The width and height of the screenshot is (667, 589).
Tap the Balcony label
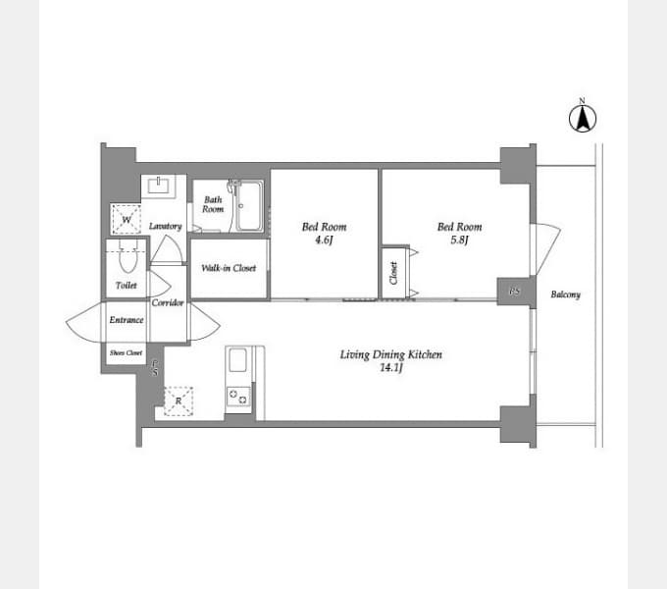pyautogui.click(x=565, y=294)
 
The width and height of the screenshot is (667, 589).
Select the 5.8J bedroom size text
pyautogui.click(x=459, y=241)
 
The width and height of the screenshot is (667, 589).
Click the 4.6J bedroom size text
pyautogui.click(x=324, y=241)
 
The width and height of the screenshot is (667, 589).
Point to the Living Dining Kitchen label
pyautogui.click(x=391, y=354)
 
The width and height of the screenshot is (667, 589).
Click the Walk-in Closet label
pyautogui.click(x=229, y=268)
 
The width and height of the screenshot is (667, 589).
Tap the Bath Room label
pyautogui.click(x=213, y=204)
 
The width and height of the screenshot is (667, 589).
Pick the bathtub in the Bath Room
pyautogui.click(x=249, y=206)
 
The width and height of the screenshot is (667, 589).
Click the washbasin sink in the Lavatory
pyautogui.click(x=158, y=186)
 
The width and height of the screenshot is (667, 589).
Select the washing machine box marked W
pyautogui.click(x=126, y=219)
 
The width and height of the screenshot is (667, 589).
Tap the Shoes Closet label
pyautogui.click(x=126, y=352)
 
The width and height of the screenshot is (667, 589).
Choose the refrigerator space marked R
pyautogui.click(x=179, y=401)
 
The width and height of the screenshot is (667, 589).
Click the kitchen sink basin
pyautogui.click(x=237, y=360)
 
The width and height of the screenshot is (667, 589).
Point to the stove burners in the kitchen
pyautogui.click(x=237, y=397)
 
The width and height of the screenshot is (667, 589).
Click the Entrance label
pyautogui.click(x=127, y=320)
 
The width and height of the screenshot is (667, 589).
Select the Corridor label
pyautogui.click(x=168, y=303)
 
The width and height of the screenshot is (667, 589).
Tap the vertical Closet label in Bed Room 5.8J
pyautogui.click(x=393, y=273)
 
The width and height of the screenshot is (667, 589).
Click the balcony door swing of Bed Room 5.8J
pyautogui.click(x=545, y=249)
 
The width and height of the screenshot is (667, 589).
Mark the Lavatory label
pyautogui.click(x=166, y=227)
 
